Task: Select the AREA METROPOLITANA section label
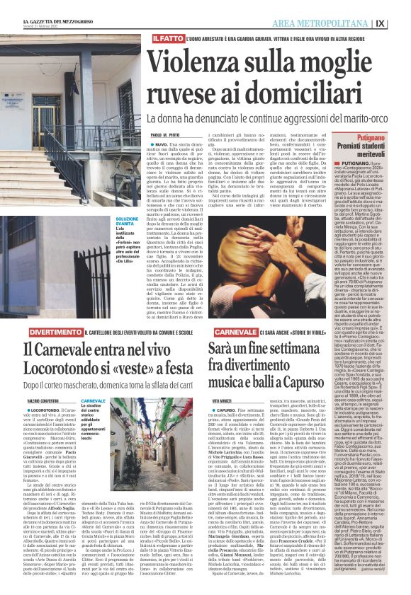[330, 23]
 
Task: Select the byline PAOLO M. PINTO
[164, 134]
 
